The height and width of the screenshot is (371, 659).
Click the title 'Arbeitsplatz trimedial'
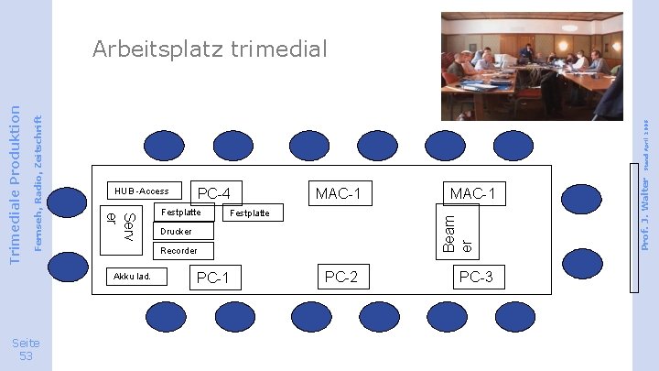click(x=210, y=49)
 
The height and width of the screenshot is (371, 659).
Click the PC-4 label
click(x=220, y=193)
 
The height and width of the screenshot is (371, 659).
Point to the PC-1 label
click(x=212, y=278)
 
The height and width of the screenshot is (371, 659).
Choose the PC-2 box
click(x=340, y=277)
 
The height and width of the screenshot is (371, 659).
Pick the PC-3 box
click(x=475, y=278)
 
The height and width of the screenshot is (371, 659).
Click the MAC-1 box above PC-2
click(x=338, y=193)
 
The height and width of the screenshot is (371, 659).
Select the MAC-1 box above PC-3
click(x=472, y=193)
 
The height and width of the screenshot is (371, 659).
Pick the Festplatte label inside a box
click(x=181, y=213)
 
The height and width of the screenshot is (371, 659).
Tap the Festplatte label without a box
click(x=249, y=213)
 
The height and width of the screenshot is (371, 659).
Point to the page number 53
click(x=26, y=349)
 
